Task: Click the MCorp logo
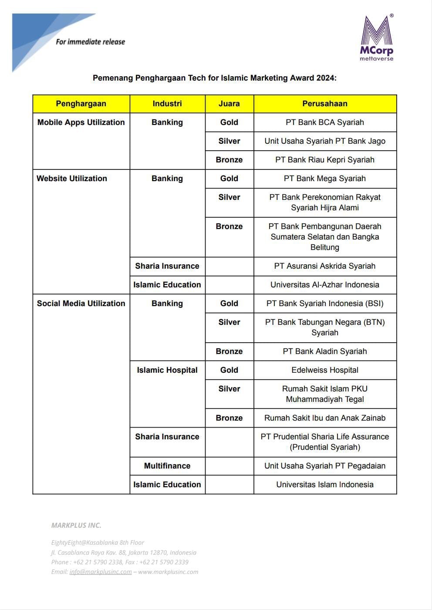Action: click(377, 38)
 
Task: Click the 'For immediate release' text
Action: click(90, 42)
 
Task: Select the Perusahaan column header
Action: click(325, 104)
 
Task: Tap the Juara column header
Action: click(229, 104)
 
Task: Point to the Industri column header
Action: click(167, 104)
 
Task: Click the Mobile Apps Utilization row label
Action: click(81, 122)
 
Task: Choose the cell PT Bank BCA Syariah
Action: click(325, 122)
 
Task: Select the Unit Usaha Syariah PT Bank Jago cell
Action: click(325, 141)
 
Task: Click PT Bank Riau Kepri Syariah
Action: click(325, 160)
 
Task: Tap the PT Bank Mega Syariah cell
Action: click(325, 179)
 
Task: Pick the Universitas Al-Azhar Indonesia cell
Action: click(325, 285)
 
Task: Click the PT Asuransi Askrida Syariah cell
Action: click(325, 266)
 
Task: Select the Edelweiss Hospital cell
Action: click(325, 370)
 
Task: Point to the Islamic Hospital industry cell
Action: click(167, 370)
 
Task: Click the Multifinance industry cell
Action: click(167, 466)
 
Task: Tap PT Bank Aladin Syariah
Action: click(325, 351)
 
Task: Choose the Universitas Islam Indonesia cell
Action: click(325, 485)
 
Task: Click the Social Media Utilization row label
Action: click(81, 303)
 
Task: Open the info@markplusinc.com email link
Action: click(101, 572)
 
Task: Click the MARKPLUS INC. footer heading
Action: click(76, 525)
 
